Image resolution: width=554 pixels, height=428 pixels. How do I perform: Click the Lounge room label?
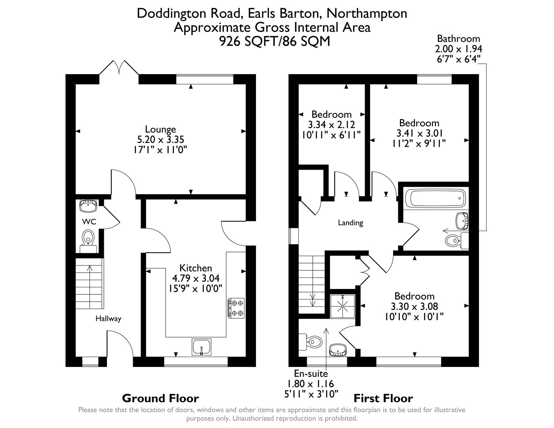pos(160,129)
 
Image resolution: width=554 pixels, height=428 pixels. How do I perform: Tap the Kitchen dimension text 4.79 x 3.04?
pos(195,278)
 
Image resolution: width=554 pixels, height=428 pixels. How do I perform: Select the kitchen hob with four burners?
pos(236,308)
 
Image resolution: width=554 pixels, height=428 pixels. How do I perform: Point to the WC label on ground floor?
pos(89,222)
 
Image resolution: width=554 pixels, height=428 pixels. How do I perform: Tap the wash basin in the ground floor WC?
pos(88,206)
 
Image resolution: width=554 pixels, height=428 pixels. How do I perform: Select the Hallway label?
pos(108,319)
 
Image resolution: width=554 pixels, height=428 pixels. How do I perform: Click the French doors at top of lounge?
pos(118,68)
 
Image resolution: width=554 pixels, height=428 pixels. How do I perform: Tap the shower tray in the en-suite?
pos(343,306)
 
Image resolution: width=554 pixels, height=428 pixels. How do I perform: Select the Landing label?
pos(350,223)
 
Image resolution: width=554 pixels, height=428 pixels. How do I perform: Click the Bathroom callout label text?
pos(458,39)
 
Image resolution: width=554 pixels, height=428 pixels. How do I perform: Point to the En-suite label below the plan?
pos(311,373)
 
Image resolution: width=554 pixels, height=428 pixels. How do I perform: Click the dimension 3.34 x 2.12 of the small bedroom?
pos(331,124)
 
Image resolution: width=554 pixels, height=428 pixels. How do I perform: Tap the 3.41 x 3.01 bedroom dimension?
pos(419,133)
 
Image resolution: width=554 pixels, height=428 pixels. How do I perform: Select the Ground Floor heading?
pos(160,398)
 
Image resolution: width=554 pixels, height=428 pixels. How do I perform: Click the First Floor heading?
pos(383,398)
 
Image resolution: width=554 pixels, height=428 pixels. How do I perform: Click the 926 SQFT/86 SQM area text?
pos(275,41)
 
